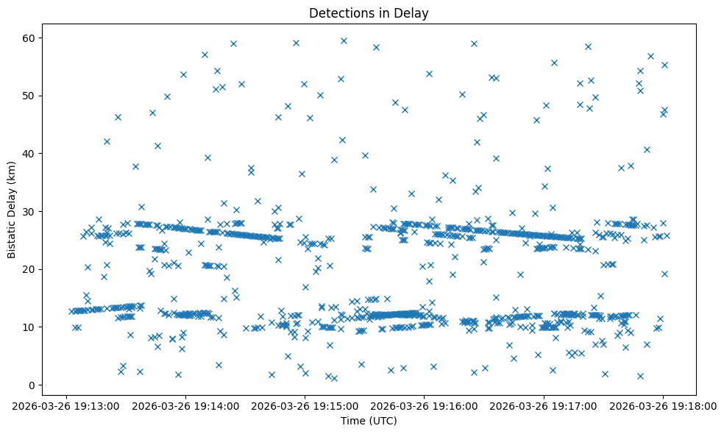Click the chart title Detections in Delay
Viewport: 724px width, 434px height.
pyautogui.click(x=369, y=13)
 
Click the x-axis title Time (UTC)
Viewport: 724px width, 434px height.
pyautogui.click(x=369, y=421)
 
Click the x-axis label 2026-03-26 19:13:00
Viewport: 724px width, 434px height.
pyautogui.click(x=67, y=405)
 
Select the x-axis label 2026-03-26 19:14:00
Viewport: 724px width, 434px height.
pyautogui.click(x=186, y=405)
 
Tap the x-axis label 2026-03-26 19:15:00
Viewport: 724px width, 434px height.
pyautogui.click(x=305, y=405)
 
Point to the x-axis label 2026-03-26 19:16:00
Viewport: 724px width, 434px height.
pyautogui.click(x=425, y=405)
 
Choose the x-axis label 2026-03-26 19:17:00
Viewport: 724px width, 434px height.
pyautogui.click(x=544, y=405)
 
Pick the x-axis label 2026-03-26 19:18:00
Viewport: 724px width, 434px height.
pyautogui.click(x=662, y=405)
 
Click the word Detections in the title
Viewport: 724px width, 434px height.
pyautogui.click(x=338, y=13)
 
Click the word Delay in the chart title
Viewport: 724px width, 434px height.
pyautogui.click(x=414, y=13)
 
